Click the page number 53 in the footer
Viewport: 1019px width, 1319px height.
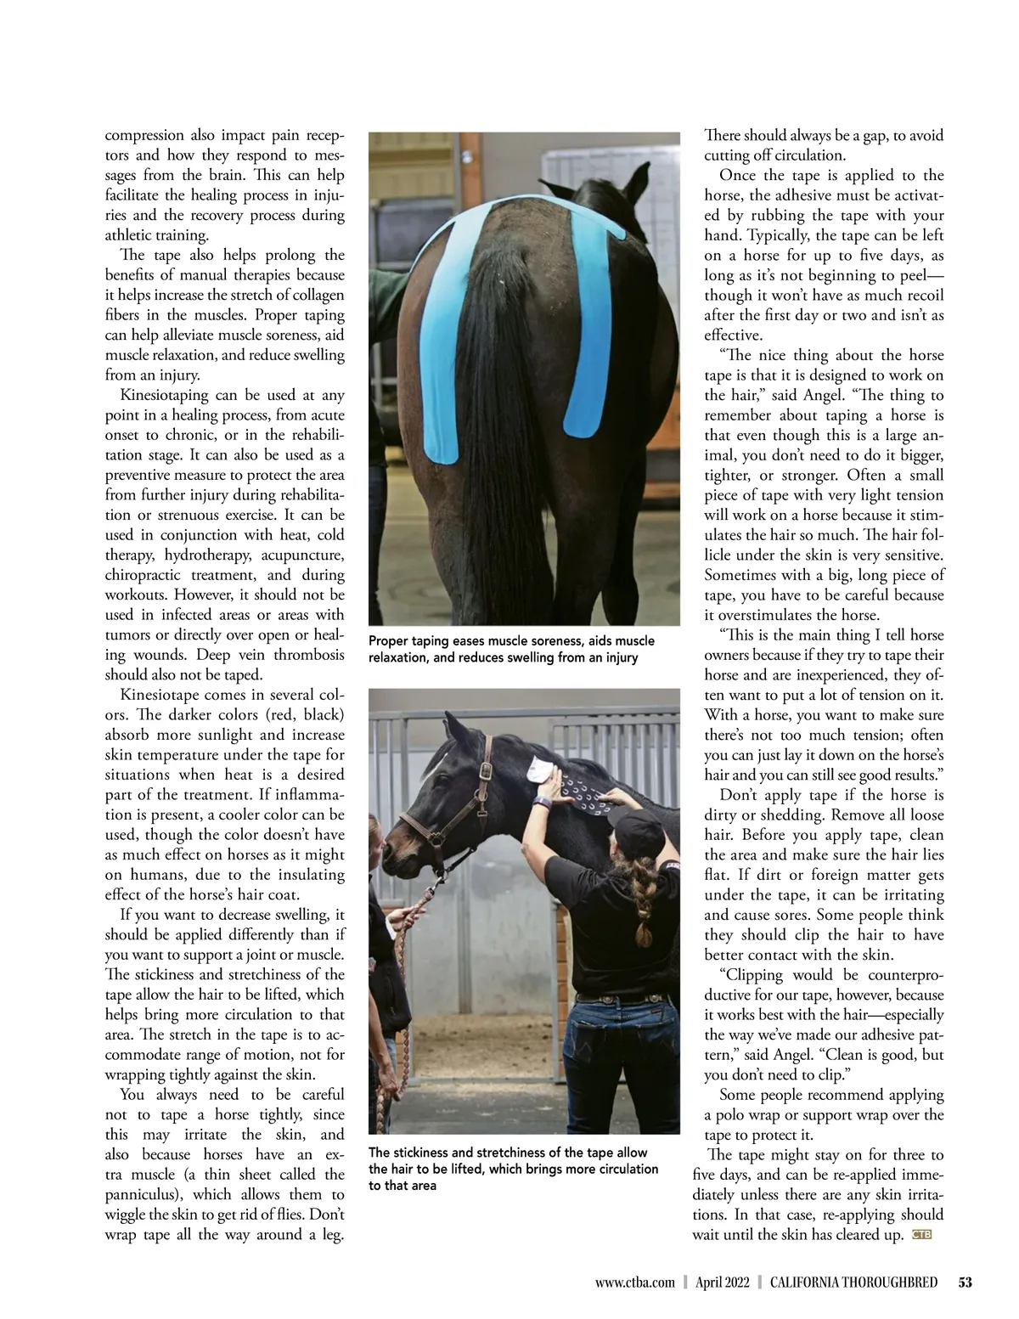pos(965,1282)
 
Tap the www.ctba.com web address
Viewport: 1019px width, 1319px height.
pos(635,1282)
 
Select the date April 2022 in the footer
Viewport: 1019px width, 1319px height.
pos(722,1282)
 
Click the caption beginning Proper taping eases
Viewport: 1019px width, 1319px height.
pos(511,649)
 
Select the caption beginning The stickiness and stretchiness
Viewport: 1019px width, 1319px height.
pos(513,1169)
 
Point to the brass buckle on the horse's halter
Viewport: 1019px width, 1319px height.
pos(486,771)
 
